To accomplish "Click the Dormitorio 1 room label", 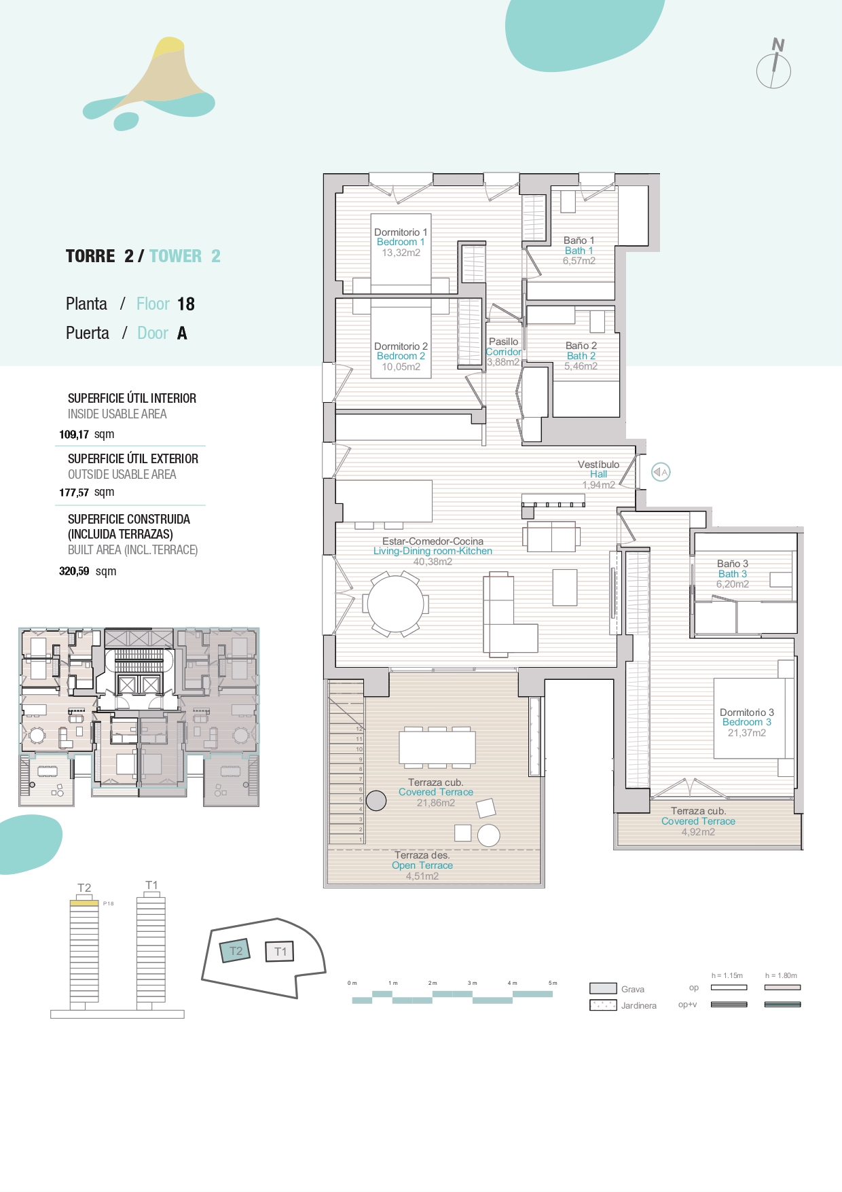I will click(x=401, y=232).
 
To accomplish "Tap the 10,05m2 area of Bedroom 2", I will click(x=401, y=367).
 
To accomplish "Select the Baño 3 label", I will click(x=732, y=564).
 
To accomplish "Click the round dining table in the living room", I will click(x=396, y=604).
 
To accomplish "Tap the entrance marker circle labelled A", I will click(x=661, y=472).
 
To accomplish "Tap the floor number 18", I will click(x=186, y=304).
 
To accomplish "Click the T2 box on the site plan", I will click(x=236, y=951).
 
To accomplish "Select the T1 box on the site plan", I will click(x=280, y=952).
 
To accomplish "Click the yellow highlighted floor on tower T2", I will click(x=84, y=903).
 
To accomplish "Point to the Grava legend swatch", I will click(x=603, y=988).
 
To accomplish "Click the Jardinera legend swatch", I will click(x=603, y=1005).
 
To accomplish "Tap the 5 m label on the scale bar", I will click(x=553, y=983).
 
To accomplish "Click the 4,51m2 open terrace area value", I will click(x=422, y=876).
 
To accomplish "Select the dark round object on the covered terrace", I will click(x=376, y=801).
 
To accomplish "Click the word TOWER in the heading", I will click(x=175, y=256).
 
